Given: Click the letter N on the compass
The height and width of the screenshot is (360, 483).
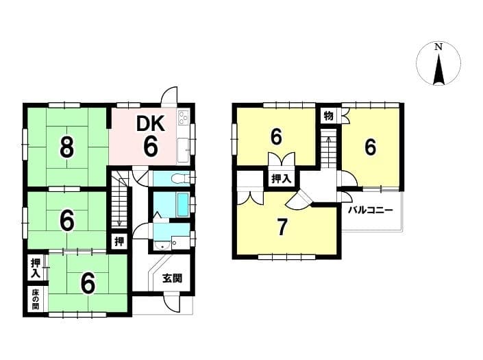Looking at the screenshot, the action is click(438, 47).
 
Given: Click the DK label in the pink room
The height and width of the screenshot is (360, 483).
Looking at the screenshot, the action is click(151, 124).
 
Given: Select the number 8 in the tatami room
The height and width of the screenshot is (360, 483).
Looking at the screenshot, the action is click(67, 147).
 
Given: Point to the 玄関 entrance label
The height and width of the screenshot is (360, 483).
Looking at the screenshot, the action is click(173, 278).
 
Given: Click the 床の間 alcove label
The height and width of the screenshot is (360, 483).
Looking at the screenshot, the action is click(36, 299).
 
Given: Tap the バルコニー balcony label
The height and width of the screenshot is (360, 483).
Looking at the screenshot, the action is click(370, 211).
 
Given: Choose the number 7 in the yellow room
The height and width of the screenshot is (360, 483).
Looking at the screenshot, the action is click(282, 228).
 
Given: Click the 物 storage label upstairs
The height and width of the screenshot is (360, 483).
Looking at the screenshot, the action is click(329, 116).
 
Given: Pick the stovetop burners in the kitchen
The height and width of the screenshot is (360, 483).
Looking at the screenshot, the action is click(184, 118).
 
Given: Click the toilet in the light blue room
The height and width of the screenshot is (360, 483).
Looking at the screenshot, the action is click(180, 179).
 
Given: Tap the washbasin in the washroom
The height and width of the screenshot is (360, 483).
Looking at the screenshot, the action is click(162, 245).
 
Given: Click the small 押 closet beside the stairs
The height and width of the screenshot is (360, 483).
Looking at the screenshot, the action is click(119, 241).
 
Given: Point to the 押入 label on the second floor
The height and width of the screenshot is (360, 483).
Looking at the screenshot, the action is click(282, 178).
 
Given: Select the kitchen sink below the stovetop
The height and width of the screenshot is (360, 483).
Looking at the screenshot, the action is click(184, 150).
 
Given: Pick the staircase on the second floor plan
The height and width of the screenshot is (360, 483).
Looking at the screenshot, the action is click(328, 149).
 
